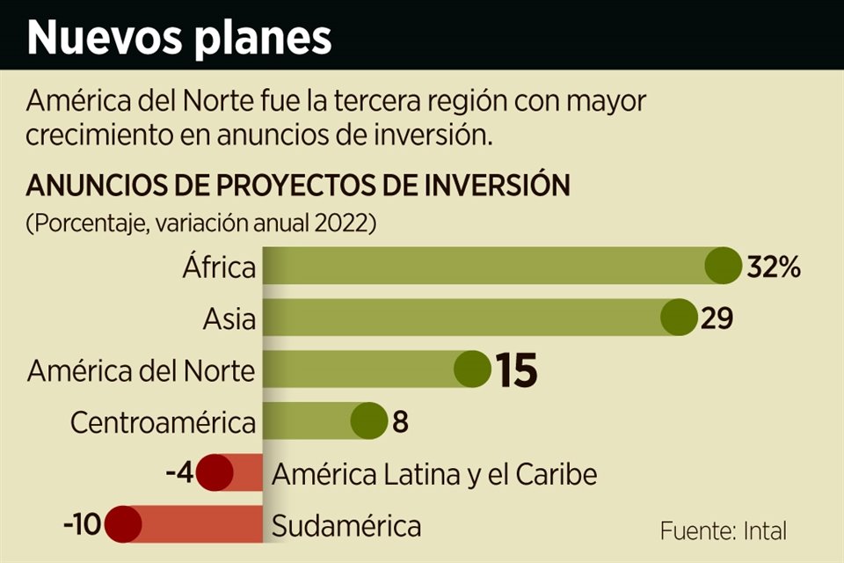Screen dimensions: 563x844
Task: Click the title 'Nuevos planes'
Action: tap(180, 37)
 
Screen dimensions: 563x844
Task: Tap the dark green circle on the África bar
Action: tap(724, 266)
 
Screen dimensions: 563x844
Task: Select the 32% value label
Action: tap(774, 267)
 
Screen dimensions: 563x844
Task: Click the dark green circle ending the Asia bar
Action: tap(679, 318)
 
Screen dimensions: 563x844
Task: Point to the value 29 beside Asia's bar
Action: tap(717, 318)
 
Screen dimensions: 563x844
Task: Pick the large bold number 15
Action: tap(515, 370)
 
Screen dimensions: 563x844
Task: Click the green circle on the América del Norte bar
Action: tap(472, 369)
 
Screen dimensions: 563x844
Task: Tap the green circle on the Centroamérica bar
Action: tap(368, 422)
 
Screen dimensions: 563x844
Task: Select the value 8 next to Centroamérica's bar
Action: tap(400, 423)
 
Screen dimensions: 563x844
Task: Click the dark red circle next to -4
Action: tap(215, 474)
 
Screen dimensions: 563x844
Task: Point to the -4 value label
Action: tap(179, 474)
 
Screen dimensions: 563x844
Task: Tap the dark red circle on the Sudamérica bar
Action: tap(122, 526)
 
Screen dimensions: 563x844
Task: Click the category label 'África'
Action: tap(219, 267)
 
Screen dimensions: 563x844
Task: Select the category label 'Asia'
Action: tap(230, 318)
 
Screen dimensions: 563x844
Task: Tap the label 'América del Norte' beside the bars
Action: tap(141, 370)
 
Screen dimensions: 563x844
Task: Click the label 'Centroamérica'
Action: tap(163, 423)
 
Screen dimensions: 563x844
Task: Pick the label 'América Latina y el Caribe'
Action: tap(434, 474)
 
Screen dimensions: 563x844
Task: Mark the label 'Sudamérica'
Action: tap(346, 527)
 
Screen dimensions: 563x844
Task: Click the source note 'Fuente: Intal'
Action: tap(723, 530)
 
